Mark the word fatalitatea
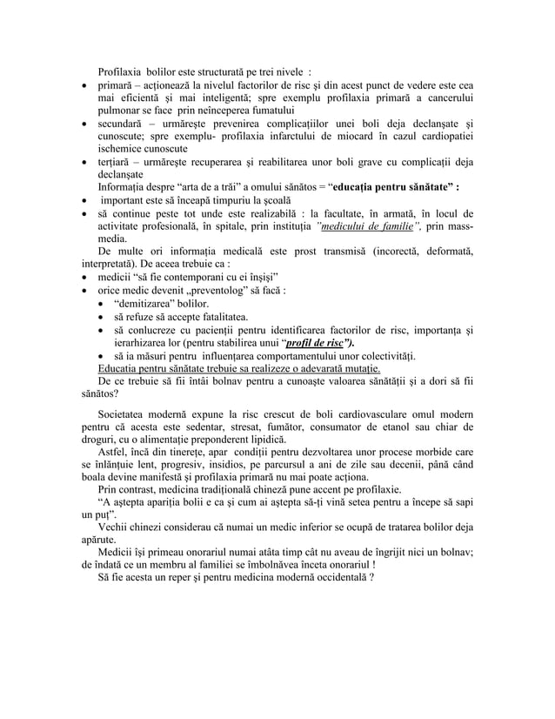(213, 318)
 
